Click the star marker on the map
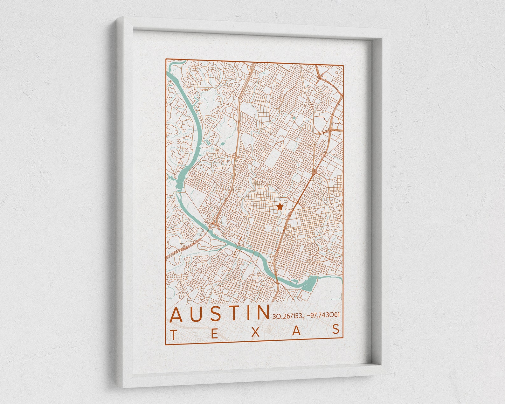[280, 207]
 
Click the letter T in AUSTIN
[237, 313]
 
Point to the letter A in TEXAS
[296, 331]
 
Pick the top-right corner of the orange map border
[343, 65]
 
